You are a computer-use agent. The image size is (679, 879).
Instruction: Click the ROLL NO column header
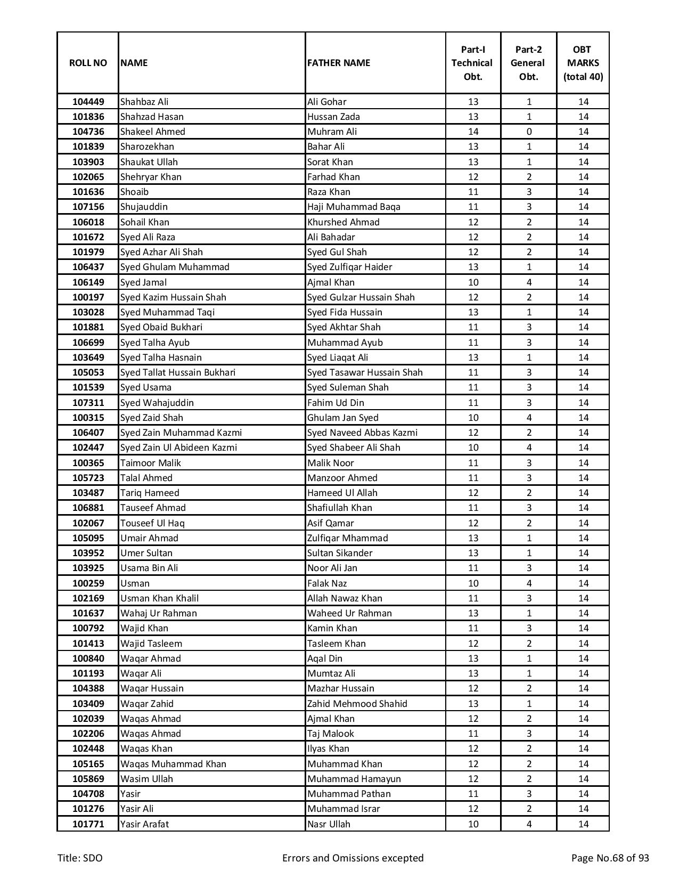(x=88, y=63)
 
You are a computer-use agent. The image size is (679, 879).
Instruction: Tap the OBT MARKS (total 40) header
(x=583, y=63)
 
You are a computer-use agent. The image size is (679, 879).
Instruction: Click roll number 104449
(x=88, y=102)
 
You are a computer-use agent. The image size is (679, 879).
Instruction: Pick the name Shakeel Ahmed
(x=153, y=132)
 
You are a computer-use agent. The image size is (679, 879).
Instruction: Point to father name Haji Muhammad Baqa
(x=354, y=207)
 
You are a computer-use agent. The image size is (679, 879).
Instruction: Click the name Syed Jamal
(x=143, y=282)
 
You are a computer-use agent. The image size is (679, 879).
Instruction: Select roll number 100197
(x=88, y=297)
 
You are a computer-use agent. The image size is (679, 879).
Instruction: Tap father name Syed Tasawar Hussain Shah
(x=365, y=372)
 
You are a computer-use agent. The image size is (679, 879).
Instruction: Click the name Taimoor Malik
(x=151, y=463)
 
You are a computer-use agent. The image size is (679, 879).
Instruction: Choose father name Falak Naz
(x=327, y=583)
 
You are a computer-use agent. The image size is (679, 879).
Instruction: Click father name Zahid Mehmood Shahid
(x=357, y=704)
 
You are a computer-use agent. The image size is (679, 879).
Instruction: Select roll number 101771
(x=88, y=824)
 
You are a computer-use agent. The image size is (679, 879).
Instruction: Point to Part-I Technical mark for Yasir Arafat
(x=473, y=824)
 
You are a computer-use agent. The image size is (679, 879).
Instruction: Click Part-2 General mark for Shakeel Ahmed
(x=528, y=132)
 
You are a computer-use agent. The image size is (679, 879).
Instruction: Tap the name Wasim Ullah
(x=146, y=779)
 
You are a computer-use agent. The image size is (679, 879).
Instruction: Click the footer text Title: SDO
(x=80, y=858)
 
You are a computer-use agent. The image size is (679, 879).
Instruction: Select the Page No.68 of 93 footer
(x=610, y=858)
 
